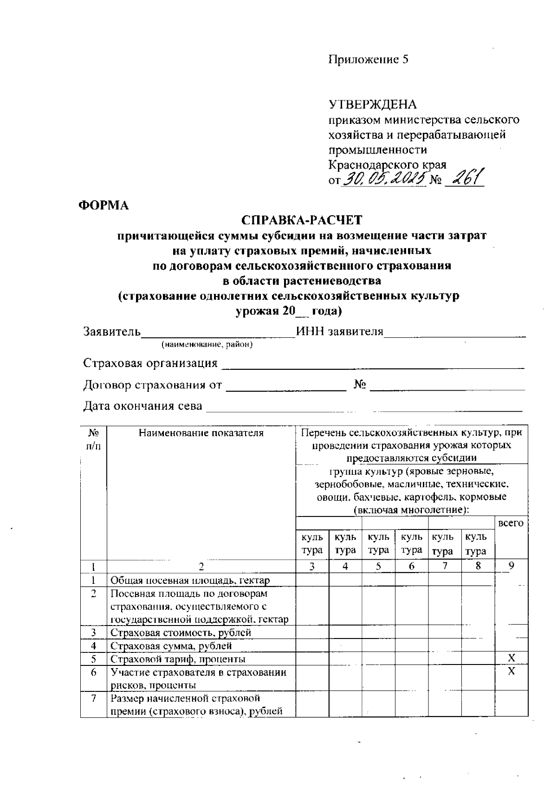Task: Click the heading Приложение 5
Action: pos(369,59)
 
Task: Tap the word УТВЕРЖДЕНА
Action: pos(373,104)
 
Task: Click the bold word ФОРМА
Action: pos(104,206)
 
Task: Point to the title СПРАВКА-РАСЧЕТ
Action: pos(302,220)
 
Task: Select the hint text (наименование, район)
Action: pos(207,345)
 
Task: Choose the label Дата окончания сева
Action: pos(142,406)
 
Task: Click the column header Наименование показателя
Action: pos(201,433)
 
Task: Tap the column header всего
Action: pos(511,523)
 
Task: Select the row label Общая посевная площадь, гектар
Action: pos(190,580)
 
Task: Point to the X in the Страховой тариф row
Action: pos(511,658)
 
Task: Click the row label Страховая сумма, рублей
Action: pos(171,645)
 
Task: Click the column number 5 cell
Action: pos(378,566)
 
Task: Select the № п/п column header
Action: pos(93,439)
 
